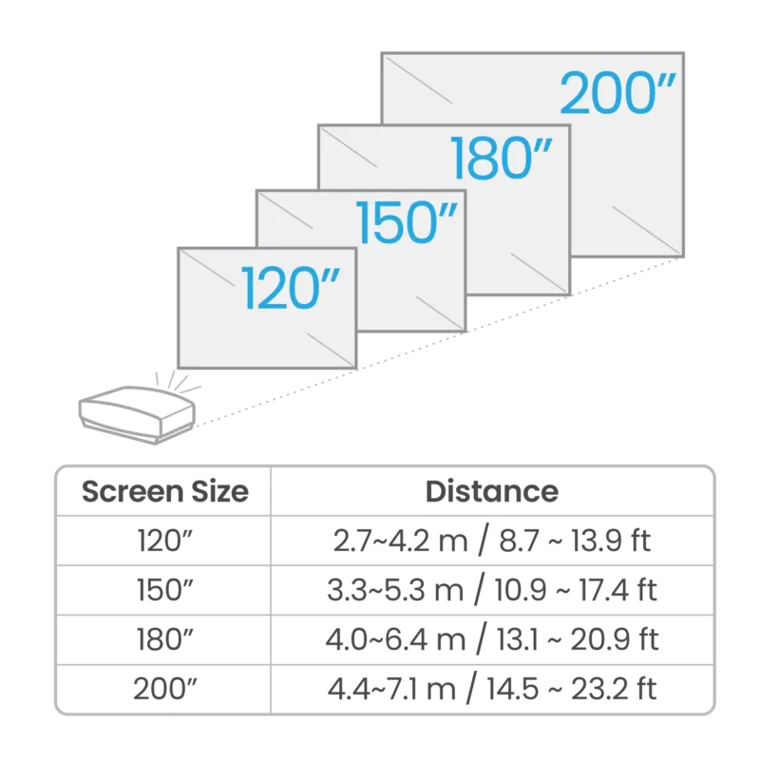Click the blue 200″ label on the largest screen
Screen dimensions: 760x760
617,92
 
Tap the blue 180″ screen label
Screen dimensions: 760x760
502,158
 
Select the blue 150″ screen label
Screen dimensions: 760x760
408,222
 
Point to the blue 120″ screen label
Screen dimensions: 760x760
291,288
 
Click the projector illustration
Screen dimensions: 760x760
137,414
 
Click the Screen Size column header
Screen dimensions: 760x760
164,491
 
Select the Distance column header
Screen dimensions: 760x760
492,491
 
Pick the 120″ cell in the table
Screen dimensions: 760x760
164,541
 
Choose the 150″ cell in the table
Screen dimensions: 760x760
164,590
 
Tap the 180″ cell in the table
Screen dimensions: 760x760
164,639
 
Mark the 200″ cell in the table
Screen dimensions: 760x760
164,688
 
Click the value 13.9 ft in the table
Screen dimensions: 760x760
611,541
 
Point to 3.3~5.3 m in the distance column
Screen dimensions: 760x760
395,590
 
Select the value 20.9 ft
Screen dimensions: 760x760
614,639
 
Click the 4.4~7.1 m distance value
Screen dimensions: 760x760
391,688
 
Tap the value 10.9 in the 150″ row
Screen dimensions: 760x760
521,590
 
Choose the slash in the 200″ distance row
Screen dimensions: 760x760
471,688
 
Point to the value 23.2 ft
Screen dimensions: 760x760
614,688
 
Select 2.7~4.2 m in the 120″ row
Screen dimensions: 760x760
400,541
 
